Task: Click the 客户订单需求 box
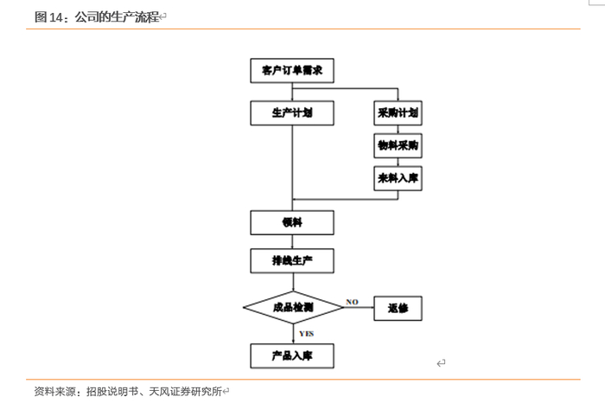click(292, 69)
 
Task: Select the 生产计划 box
click(292, 113)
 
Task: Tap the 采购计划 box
click(398, 113)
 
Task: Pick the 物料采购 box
click(398, 145)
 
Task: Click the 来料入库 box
click(398, 177)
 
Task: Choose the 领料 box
click(292, 222)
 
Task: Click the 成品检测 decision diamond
click(292, 307)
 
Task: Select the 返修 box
click(398, 307)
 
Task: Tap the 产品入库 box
click(292, 355)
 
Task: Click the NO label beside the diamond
click(353, 301)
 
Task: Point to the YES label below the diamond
click(306, 333)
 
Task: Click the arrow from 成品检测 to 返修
click(359, 308)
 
